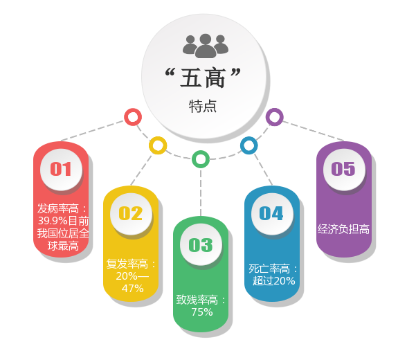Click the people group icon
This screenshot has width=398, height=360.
pyautogui.click(x=206, y=46)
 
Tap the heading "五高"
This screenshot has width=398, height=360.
pyautogui.click(x=203, y=78)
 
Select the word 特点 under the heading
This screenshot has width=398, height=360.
pyautogui.click(x=203, y=106)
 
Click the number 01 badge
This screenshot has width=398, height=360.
pyautogui.click(x=61, y=170)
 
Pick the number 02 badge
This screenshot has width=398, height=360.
pyautogui.click(x=131, y=213)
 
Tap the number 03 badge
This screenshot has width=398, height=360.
pyautogui.click(x=201, y=245)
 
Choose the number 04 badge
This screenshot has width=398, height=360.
pyautogui.click(x=272, y=213)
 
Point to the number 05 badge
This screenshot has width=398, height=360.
pyautogui.click(x=344, y=170)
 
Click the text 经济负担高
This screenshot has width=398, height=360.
pyautogui.click(x=344, y=229)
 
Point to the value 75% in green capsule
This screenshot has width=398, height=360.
pyautogui.click(x=202, y=312)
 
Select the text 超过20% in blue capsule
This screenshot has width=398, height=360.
pyautogui.click(x=273, y=281)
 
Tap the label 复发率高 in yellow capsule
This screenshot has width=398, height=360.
pyautogui.click(x=127, y=264)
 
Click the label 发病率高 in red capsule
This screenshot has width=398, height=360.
pyautogui.click(x=58, y=208)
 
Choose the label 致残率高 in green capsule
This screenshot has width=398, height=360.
pyautogui.click(x=197, y=300)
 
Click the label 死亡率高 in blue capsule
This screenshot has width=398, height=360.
pyautogui.click(x=269, y=269)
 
